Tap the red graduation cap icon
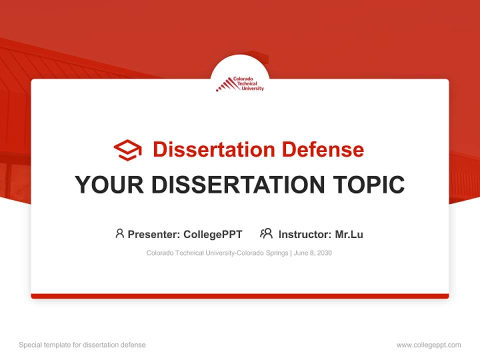pos(127,149)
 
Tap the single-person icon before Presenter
pos(119,233)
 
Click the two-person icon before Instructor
pos(266,233)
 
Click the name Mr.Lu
pos(349,234)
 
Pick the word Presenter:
pos(154,234)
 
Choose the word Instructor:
pos(305,234)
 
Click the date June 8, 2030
pos(313,253)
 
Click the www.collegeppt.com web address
pos(428,345)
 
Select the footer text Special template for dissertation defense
pos(82,345)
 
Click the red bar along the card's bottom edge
pos(240,296)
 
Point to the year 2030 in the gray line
pos(324,253)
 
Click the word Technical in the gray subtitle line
pos(189,253)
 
